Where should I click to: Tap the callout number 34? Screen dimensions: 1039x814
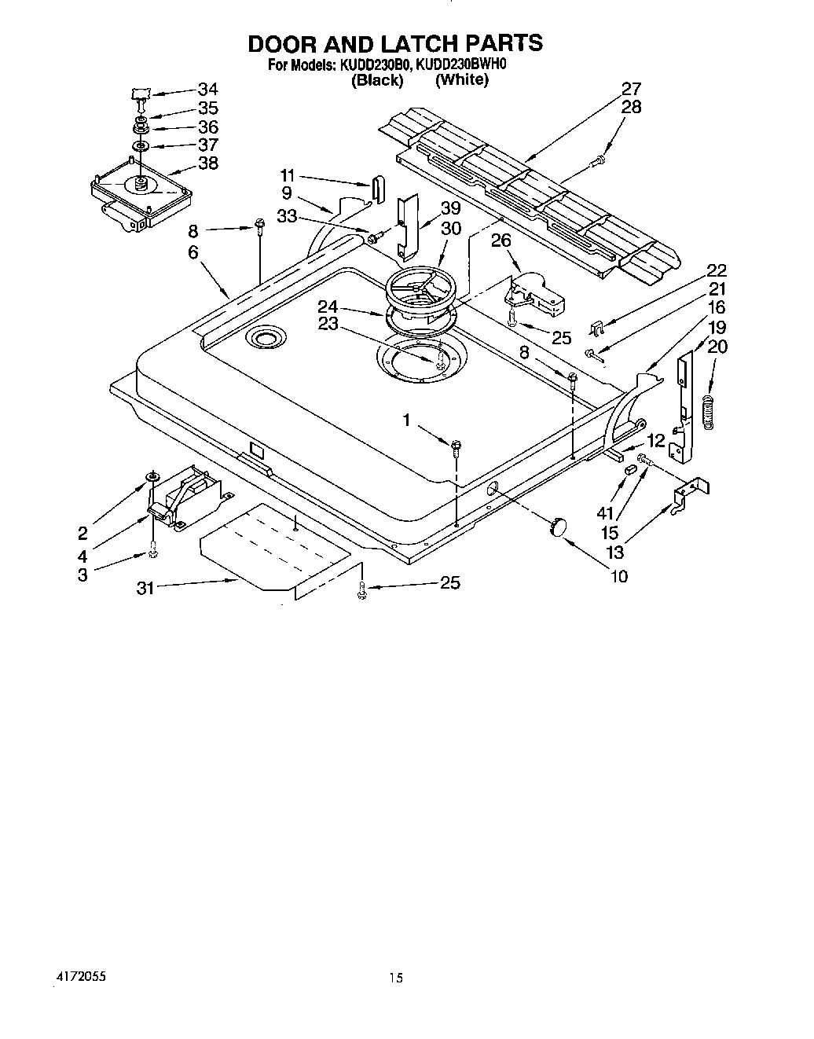[x=207, y=89]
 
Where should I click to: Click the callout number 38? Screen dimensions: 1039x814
[x=207, y=163]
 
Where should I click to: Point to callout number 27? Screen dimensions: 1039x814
[x=631, y=89]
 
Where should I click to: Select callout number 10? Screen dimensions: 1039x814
[x=618, y=577]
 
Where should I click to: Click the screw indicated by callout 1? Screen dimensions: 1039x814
[x=456, y=448]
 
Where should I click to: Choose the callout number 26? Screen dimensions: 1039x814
[x=501, y=240]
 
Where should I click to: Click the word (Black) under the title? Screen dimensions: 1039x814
[x=377, y=79]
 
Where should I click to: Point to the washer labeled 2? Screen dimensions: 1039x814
[x=152, y=478]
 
